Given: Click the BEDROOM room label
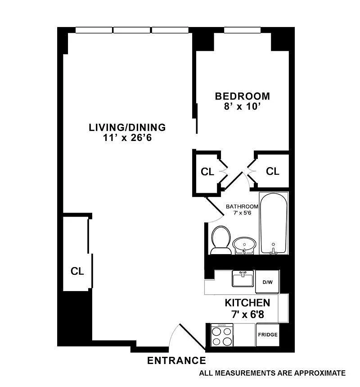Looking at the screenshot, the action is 243,96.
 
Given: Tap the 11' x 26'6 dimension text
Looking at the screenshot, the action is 127,137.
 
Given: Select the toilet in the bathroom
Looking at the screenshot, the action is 221,240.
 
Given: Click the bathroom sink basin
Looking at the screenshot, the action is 244,246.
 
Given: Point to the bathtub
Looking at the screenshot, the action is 274,223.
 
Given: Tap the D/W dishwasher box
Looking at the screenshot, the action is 267,282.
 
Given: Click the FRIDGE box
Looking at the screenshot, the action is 268,335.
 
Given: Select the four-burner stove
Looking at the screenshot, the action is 222,335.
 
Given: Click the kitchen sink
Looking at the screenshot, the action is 243,278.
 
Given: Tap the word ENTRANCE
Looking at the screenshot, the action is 176,360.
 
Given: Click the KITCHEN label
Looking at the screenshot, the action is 247,303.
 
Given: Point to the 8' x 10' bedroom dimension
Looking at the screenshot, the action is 242,107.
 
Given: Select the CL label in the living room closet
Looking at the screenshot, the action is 77,271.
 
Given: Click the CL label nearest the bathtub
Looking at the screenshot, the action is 272,171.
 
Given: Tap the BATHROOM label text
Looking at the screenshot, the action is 242,206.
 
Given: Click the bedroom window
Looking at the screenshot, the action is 242,30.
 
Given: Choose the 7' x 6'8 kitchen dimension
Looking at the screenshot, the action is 247,314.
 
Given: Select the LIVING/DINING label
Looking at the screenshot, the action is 127,127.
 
